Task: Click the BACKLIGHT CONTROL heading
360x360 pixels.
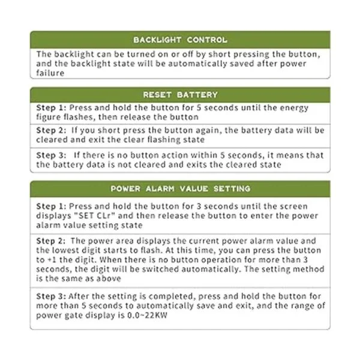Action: (180, 40)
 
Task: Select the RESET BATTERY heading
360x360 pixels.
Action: (180, 95)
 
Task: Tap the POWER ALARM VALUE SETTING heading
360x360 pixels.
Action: (180, 188)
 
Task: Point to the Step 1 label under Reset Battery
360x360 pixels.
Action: (50, 108)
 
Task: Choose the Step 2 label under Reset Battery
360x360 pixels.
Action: (50, 130)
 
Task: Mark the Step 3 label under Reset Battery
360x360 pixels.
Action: (50, 155)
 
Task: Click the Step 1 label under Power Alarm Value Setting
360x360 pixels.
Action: (50, 206)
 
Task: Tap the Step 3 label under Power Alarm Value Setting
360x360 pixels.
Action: (50, 296)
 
